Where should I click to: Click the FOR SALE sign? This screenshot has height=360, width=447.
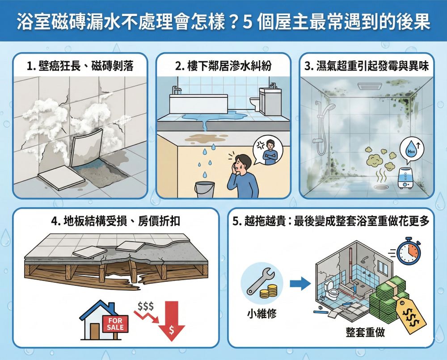115,323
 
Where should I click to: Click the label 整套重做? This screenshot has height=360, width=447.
365,332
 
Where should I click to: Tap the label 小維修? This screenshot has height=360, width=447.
261,314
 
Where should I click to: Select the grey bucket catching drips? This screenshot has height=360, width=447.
204,190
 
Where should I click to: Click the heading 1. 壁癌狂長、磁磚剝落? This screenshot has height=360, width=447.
80,67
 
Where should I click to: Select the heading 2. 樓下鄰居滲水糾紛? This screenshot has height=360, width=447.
223,67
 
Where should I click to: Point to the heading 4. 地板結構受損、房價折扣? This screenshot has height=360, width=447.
117,221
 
